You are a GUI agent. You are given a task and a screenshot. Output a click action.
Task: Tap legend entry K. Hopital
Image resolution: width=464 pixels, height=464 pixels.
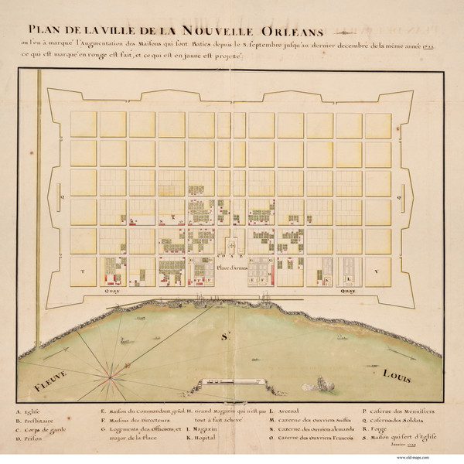tap(204, 437)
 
